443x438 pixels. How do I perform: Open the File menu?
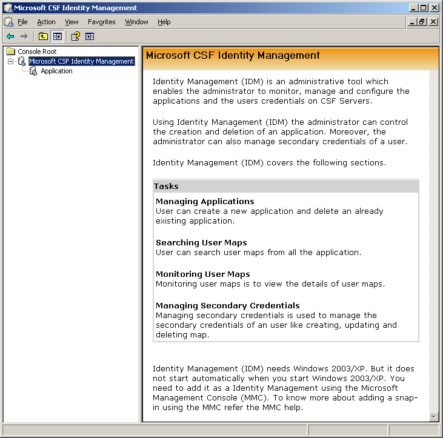click(x=22, y=22)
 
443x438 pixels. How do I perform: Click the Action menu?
click(x=46, y=22)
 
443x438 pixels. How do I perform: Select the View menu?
click(x=72, y=22)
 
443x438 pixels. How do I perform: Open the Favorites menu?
click(x=101, y=22)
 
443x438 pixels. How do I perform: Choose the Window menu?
click(x=136, y=22)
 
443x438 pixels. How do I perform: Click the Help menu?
click(x=164, y=22)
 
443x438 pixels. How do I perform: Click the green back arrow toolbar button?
click(x=10, y=36)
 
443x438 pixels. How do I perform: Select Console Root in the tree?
click(x=37, y=51)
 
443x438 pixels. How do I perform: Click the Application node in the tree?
click(x=56, y=71)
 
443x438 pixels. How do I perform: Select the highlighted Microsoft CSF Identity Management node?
click(x=81, y=61)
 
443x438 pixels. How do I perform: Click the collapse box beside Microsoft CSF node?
click(x=11, y=61)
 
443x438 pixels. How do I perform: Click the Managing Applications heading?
click(x=205, y=201)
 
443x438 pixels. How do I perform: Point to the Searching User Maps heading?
click(x=201, y=242)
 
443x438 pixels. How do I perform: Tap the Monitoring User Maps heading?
click(x=202, y=274)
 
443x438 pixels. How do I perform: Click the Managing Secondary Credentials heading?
click(x=227, y=305)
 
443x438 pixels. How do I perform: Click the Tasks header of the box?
click(x=166, y=187)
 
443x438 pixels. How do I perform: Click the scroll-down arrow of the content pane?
click(x=433, y=417)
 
